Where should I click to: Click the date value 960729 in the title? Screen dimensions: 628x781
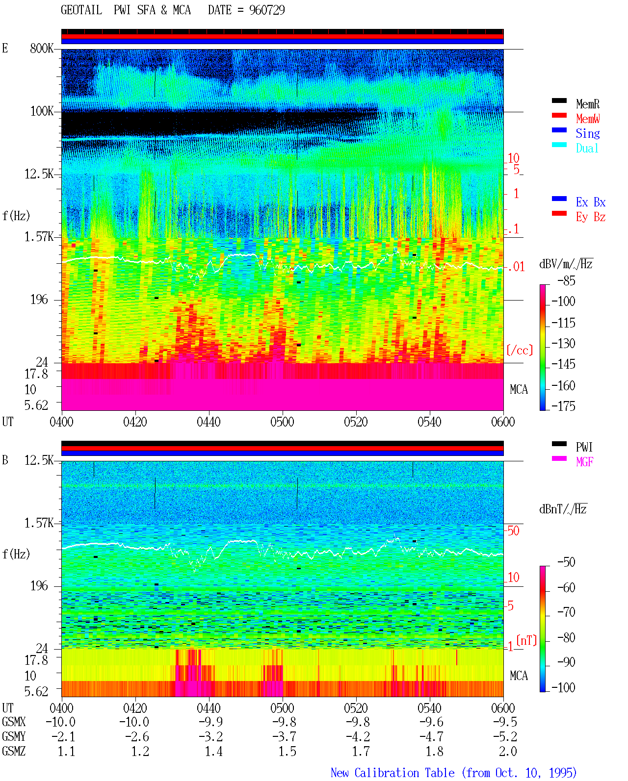[267, 10]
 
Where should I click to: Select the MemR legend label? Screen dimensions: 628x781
[588, 104]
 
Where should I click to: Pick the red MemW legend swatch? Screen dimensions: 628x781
[559, 115]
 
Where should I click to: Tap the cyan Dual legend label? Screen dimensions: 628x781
[587, 149]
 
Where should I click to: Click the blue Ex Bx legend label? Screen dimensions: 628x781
[591, 202]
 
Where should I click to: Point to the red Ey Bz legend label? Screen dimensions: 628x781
[591, 217]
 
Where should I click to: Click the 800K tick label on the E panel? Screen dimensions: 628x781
[42, 48]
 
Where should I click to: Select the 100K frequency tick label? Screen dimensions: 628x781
[42, 111]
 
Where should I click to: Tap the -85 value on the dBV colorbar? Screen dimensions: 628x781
[566, 280]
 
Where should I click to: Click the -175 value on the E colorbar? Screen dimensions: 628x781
[563, 406]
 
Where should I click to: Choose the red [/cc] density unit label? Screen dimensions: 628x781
[520, 350]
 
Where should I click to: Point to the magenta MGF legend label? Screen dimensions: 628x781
[585, 462]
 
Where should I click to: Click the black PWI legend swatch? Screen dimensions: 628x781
[559, 444]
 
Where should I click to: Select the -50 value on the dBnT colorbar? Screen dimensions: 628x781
[566, 562]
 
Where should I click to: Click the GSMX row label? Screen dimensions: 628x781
[14, 722]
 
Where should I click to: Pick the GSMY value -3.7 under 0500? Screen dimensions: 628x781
[285, 736]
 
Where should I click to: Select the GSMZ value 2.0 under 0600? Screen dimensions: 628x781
[508, 751]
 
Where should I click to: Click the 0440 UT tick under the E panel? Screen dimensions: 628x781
[209, 422]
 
